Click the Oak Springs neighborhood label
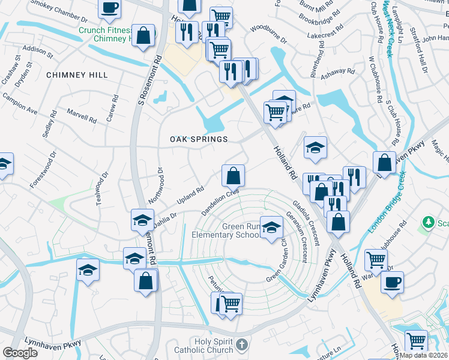point(198,139)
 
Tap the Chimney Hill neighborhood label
point(77,75)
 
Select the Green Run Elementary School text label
point(225,230)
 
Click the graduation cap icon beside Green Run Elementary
point(271,227)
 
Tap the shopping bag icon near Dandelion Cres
point(233,176)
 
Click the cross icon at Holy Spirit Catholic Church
point(241,344)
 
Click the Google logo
point(20,353)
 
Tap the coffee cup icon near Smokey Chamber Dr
point(109,8)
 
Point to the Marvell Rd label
point(82,116)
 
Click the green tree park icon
point(428,223)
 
